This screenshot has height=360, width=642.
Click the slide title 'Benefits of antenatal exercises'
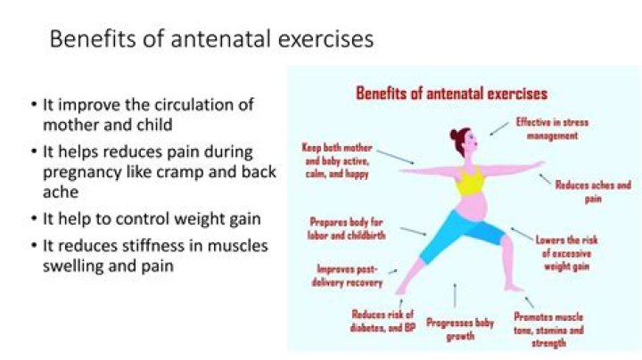[x=211, y=39]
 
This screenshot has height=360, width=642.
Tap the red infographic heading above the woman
[x=451, y=94]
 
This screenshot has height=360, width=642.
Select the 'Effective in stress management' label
[x=552, y=128]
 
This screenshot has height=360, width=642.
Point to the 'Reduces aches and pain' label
[x=593, y=192]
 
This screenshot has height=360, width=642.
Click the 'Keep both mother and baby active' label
[x=337, y=160]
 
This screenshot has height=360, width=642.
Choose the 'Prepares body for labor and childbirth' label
[x=346, y=229]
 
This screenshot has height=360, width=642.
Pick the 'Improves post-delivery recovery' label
[x=347, y=275]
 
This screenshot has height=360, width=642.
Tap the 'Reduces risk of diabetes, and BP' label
[x=383, y=321]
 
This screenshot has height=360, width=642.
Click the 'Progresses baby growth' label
[x=460, y=330]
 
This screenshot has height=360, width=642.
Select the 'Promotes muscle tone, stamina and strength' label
[x=548, y=330]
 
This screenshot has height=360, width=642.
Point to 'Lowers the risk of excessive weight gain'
[x=567, y=253]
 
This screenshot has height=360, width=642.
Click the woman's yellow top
[x=470, y=181]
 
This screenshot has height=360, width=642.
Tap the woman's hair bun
[x=454, y=135]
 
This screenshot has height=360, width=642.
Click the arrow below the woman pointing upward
[x=455, y=295]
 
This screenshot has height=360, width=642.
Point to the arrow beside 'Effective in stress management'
[x=499, y=128]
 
